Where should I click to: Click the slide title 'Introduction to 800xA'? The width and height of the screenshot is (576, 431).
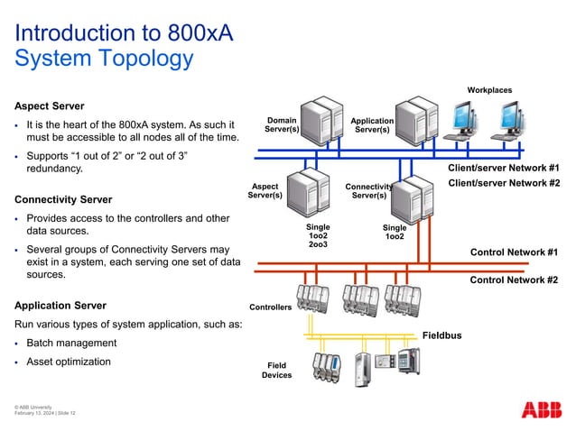124,33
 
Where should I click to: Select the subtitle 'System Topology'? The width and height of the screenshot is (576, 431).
104,60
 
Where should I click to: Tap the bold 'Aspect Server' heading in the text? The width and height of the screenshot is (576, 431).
49,106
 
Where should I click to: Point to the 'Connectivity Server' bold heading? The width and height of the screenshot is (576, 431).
63,198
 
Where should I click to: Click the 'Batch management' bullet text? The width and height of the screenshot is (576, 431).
71,344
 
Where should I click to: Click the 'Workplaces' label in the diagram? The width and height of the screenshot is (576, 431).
489,90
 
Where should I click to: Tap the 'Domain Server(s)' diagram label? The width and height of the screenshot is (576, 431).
282,124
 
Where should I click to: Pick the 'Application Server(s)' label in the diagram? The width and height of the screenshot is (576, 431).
372,125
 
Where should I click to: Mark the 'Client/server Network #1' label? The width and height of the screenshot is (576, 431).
504,169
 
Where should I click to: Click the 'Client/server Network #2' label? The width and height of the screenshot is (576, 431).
504,184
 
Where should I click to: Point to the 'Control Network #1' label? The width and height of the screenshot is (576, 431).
514,252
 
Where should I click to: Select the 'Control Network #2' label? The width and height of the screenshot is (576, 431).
514,280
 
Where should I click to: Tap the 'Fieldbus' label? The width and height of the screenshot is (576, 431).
441,335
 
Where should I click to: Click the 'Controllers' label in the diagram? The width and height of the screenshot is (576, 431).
271,307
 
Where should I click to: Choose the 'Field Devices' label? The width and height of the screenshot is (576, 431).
276,370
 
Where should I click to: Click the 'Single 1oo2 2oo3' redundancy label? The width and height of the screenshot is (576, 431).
318,236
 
